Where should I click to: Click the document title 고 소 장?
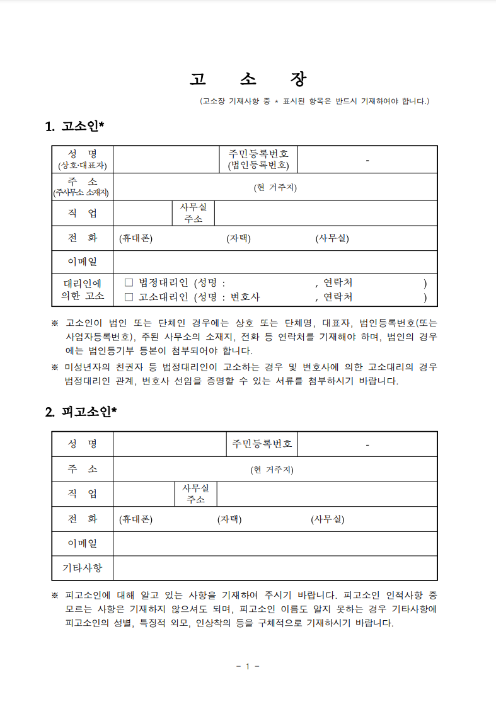[x=248, y=80]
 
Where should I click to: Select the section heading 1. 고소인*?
[x=74, y=127]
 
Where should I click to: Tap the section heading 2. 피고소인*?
[x=81, y=412]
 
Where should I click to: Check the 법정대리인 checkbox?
[x=129, y=283]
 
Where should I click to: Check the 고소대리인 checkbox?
[x=129, y=297]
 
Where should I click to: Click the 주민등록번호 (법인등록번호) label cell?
[x=258, y=159]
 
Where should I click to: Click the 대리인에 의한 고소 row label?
[x=83, y=290]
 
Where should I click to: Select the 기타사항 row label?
[x=83, y=568]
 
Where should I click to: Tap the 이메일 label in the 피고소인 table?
[x=83, y=543]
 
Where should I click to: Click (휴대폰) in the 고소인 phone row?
[x=136, y=238]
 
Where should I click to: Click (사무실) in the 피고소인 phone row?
[x=327, y=519]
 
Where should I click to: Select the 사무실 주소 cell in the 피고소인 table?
[x=195, y=494]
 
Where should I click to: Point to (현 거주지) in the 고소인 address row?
[x=275, y=187]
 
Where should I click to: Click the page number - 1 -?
[x=248, y=667]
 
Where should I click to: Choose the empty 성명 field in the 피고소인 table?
[x=170, y=444]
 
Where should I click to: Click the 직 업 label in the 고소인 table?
[x=83, y=213]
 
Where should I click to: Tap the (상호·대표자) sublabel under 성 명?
[x=83, y=166]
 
